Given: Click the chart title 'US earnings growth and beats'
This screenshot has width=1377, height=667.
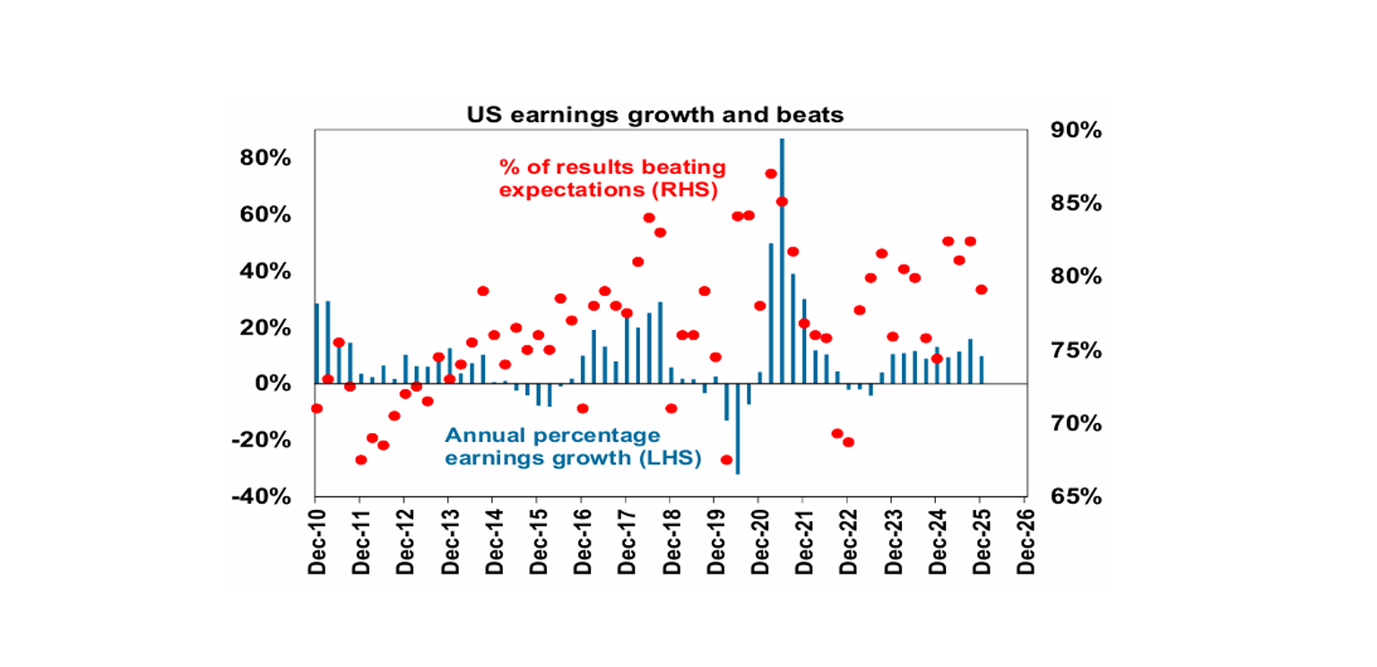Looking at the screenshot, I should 654,115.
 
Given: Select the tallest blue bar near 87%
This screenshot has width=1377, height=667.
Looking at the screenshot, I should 782,260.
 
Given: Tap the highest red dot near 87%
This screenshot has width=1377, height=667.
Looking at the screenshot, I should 771,174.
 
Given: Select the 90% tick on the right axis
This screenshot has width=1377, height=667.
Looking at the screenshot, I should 1074,131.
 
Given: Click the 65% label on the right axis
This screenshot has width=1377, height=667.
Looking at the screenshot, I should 1074,497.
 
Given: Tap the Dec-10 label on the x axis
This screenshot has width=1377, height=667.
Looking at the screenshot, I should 316,543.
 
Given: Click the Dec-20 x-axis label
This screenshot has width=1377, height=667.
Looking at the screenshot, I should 758,543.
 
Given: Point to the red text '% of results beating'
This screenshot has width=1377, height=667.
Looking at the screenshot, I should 612,168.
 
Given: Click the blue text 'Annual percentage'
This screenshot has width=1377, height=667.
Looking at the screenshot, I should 553,436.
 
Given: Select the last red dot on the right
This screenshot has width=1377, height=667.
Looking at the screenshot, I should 982,290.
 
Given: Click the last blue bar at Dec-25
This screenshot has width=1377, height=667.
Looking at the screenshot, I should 982,370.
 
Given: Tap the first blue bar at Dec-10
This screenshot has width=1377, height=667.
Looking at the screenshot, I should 316,343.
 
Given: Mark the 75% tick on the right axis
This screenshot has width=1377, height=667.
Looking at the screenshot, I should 1074,351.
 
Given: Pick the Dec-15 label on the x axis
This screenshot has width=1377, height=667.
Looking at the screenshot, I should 537,543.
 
